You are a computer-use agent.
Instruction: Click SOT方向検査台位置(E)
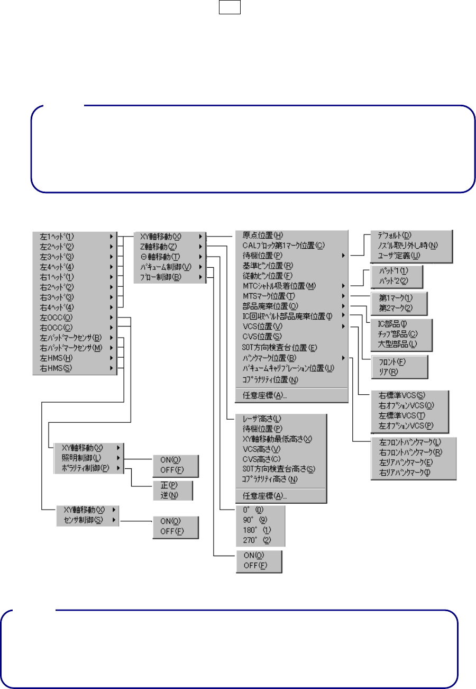coord(279,347)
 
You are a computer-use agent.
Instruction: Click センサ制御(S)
coord(80,520)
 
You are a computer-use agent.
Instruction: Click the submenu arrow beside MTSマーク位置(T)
coord(343,296)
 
